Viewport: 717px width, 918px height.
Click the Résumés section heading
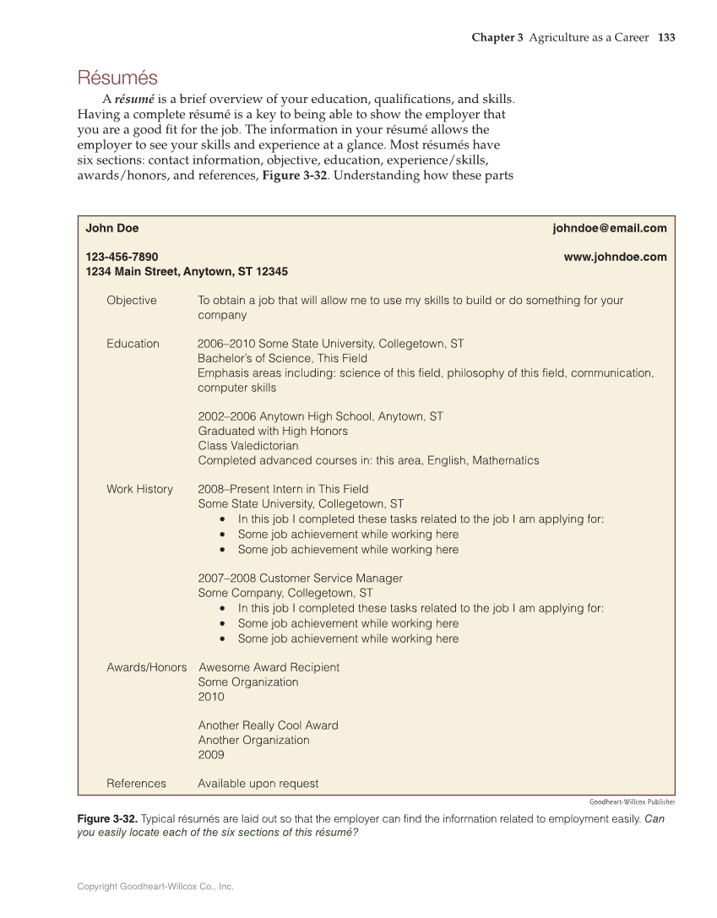117,79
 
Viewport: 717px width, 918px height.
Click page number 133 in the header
666,38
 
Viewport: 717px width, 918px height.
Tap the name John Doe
112,228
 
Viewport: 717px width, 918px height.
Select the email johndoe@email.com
609,228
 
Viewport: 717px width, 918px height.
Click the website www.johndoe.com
615,257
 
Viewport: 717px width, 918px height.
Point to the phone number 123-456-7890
122,257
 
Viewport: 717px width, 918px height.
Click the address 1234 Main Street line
187,272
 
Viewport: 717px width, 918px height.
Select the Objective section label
131,301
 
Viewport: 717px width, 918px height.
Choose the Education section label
133,344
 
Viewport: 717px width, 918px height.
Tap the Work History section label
139,489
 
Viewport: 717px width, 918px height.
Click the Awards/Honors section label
146,667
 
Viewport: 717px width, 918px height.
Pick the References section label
136,784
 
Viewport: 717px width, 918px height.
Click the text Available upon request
258,784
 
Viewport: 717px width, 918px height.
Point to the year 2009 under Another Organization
211,755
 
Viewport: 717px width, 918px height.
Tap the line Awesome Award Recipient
269,667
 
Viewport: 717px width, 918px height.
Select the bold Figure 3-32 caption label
107,819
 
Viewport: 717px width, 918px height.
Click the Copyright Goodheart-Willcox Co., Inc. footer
155,887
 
